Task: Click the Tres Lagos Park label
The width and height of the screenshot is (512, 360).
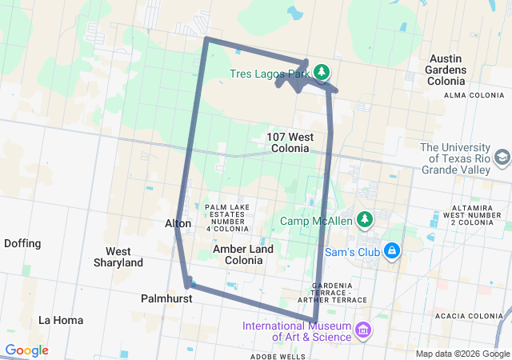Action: pos(269,73)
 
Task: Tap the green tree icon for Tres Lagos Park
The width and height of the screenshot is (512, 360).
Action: pos(322,73)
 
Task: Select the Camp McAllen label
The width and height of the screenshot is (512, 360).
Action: pos(316,221)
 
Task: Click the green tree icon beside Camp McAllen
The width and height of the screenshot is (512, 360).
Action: pos(365,218)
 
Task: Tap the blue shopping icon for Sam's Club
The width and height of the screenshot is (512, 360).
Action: pos(391,251)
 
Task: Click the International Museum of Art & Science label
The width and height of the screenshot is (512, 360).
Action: pos(297,331)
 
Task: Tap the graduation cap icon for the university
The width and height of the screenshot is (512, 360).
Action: pos(502,158)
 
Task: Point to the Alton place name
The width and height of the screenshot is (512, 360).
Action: pos(178,224)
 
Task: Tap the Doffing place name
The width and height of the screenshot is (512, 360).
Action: pos(23,243)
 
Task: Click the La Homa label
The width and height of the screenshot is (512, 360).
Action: pos(61,320)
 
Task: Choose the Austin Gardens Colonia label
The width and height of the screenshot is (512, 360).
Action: pos(458,70)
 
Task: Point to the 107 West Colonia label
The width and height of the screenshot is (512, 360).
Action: pos(290,142)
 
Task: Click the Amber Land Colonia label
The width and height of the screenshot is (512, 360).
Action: pos(244,254)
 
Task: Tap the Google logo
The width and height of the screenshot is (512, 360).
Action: pos(26,350)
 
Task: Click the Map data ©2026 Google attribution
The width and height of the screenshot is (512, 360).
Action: pos(462,354)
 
